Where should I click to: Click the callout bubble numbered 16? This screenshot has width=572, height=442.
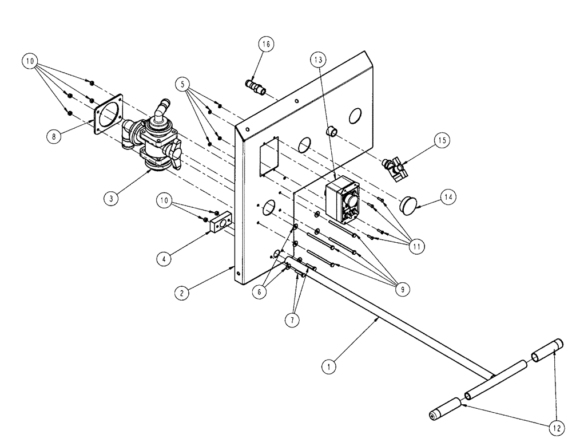click(x=267, y=44)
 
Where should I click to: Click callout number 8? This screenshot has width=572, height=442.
click(x=55, y=136)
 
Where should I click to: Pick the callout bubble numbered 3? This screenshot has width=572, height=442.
click(x=112, y=199)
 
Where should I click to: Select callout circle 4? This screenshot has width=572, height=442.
click(x=164, y=258)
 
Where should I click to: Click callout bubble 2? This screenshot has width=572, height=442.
click(x=182, y=293)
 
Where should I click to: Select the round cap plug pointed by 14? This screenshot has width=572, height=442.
click(x=408, y=204)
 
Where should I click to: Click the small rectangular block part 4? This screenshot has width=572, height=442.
click(x=220, y=223)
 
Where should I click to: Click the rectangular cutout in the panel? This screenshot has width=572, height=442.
click(x=268, y=156)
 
